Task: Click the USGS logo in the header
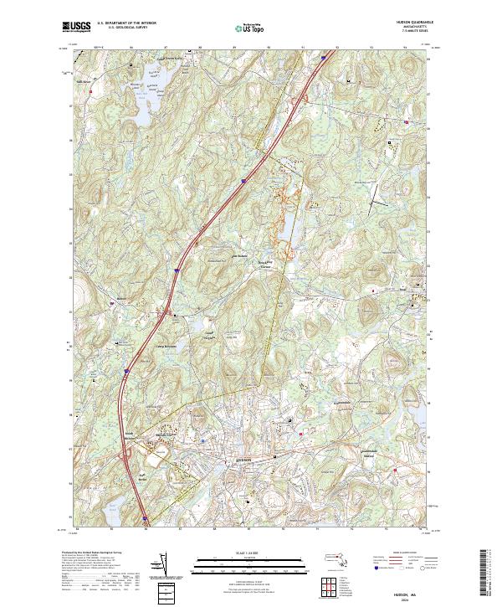click(x=77, y=27)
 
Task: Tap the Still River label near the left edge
click(x=84, y=81)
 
